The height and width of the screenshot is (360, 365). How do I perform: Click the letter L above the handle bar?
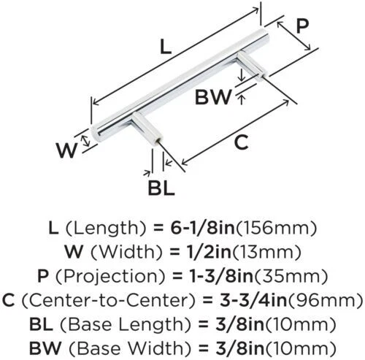166,47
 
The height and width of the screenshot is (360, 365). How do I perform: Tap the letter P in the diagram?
302,26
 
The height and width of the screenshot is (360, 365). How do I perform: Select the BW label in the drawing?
213,97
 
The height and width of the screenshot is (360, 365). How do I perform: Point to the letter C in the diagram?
241,142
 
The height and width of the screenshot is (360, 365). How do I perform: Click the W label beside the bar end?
67,150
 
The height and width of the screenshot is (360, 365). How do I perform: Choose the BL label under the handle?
161,188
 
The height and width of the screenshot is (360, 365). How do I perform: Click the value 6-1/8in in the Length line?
202,228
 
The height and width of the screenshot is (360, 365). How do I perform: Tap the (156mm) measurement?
277,228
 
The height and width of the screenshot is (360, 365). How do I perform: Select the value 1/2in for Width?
207,252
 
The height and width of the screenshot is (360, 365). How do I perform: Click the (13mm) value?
266,252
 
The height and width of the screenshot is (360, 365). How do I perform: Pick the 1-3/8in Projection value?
221,276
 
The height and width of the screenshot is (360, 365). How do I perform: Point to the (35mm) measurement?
291,276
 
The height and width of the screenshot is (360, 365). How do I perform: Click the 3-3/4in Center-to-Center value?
253,300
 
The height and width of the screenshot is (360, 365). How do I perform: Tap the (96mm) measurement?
326,300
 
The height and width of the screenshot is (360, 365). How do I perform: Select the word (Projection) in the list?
110,276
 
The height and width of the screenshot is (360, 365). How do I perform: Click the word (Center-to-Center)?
109,300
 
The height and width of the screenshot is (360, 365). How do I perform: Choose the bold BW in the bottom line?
45,348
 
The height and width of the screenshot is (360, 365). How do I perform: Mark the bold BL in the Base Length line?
41,324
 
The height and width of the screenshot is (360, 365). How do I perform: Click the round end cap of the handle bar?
96,134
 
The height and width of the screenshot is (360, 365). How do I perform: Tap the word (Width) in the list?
126,252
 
